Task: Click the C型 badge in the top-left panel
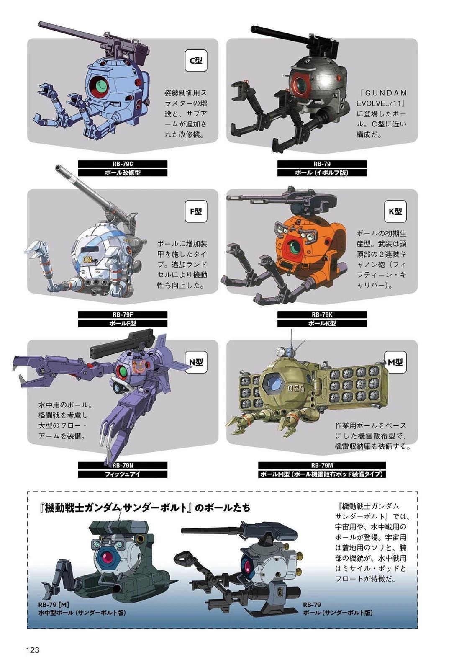[x=196, y=61]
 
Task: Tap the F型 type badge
[x=196, y=211]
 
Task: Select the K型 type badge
[x=395, y=211]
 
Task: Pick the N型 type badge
[x=197, y=362]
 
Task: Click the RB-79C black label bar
[x=123, y=164]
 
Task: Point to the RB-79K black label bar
[x=322, y=314]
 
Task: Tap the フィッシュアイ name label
[x=123, y=474]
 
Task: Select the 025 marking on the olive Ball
[x=296, y=389]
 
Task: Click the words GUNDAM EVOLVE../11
[x=382, y=98]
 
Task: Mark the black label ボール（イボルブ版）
[x=322, y=173]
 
